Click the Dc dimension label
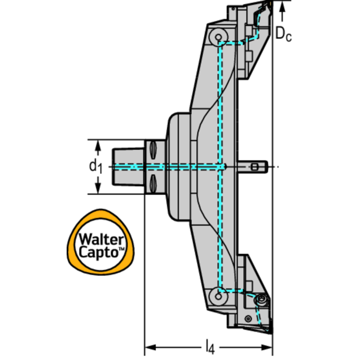pyautogui.click(x=283, y=34)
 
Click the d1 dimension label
pyautogui.click(x=95, y=166)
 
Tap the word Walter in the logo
pyautogui.click(x=101, y=239)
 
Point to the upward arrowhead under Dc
pyautogui.click(x=283, y=7)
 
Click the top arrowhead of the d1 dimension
pyautogui.click(x=98, y=145)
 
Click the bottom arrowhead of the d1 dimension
pyautogui.click(x=98, y=188)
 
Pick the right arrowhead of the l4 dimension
pyautogui.click(x=267, y=347)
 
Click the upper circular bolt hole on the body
pyautogui.click(x=218, y=37)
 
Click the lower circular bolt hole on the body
pyautogui.click(x=218, y=297)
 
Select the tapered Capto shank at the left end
pyautogui.click(x=128, y=167)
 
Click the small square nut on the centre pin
pyautogui.click(x=254, y=167)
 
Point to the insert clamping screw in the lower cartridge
pyautogui.click(x=261, y=300)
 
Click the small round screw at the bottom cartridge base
pyautogui.click(x=248, y=319)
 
